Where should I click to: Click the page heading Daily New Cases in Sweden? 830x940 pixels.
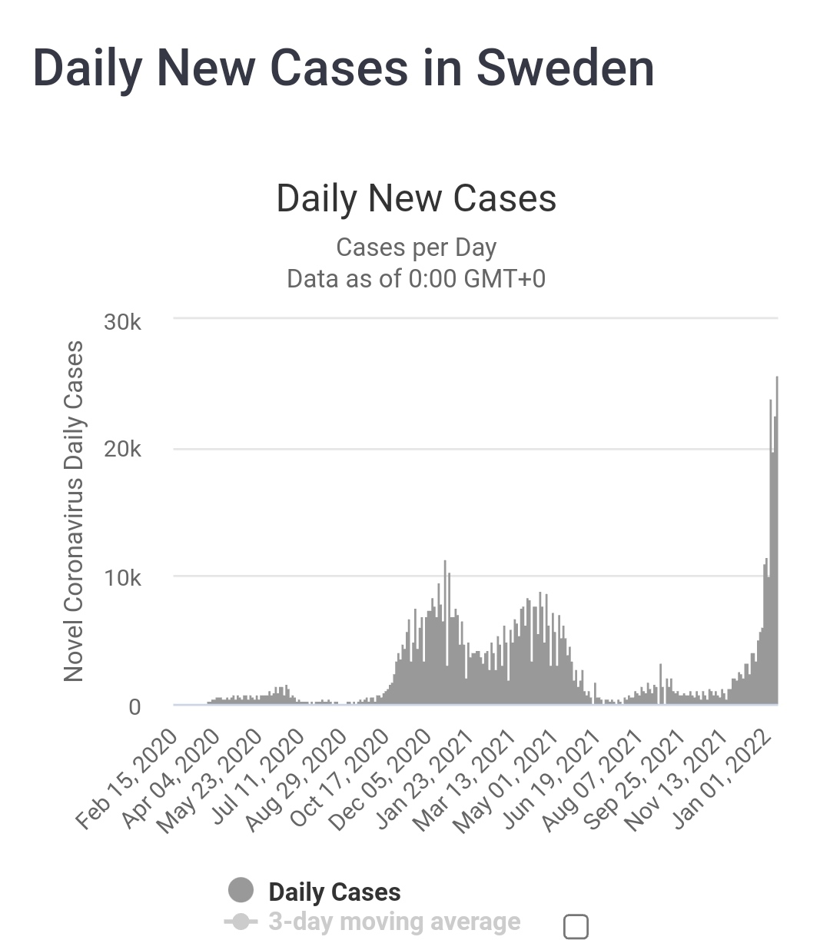coord(344,68)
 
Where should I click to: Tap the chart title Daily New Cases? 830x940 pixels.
coord(416,198)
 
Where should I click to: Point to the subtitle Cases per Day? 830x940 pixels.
coord(416,247)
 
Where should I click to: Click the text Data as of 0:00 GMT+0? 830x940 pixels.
coord(416,278)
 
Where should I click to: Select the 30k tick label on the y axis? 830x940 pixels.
coord(123,322)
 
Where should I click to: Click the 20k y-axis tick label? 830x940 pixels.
coord(123,450)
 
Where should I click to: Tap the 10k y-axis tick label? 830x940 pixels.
coord(123,578)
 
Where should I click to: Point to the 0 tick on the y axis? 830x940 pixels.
coord(134,706)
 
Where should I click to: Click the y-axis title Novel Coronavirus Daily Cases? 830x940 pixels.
coord(74,511)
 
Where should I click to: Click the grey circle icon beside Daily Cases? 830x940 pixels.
coord(241,890)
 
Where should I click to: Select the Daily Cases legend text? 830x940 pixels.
coord(334,892)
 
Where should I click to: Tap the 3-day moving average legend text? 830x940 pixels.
coord(394,921)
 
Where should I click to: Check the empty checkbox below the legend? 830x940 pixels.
coord(576,926)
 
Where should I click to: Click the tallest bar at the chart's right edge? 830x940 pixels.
coord(777,538)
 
